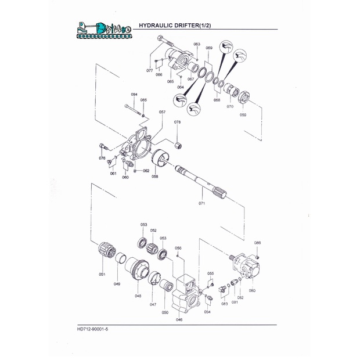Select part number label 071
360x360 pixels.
pyautogui.click(x=202, y=204)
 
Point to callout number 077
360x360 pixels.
pyautogui.click(x=150, y=71)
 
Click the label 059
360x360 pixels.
pyautogui.click(x=243, y=115)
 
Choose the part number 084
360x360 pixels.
pyautogui.click(x=134, y=95)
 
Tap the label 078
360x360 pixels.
pyautogui.click(x=177, y=123)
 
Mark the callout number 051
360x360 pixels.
pyautogui.click(x=102, y=275)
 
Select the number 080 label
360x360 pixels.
pyautogui.click(x=252, y=290)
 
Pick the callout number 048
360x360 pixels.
pyautogui.click(x=138, y=296)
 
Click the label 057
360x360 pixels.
pyautogui.click(x=162, y=112)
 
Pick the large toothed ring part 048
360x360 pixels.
pyautogui.click(x=139, y=270)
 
